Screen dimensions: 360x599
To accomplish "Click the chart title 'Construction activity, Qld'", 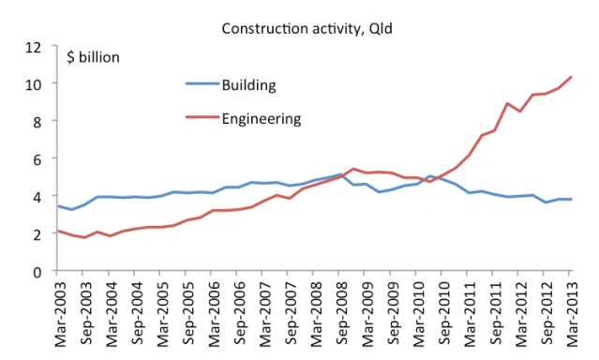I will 300,27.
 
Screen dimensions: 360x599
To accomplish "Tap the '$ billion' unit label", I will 94,56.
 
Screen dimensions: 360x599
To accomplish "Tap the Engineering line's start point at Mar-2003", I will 59,231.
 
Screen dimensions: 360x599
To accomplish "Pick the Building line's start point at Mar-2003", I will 59,206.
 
